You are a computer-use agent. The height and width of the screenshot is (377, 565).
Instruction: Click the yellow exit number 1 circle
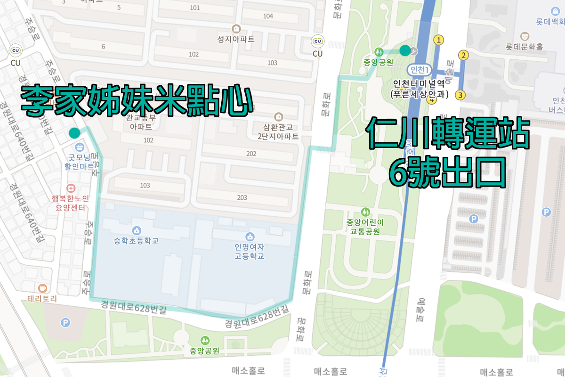[439, 40]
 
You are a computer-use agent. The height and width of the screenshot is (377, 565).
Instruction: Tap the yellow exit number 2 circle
[464, 55]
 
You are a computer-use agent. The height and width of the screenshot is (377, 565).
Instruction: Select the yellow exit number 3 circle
[461, 95]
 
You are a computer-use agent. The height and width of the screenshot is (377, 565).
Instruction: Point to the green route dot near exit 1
[404, 50]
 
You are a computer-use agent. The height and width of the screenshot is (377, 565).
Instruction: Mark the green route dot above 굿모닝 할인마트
[74, 133]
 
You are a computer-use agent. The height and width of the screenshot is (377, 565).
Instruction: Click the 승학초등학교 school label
[136, 240]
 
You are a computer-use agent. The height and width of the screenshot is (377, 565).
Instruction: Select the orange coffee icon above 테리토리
[43, 288]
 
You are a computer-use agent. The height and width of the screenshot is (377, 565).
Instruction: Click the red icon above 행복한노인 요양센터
[71, 187]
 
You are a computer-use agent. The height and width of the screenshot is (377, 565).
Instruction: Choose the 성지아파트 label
[236, 39]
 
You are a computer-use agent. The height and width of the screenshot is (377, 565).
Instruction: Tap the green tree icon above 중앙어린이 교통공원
[364, 211]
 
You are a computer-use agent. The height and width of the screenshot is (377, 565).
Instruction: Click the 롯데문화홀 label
[524, 47]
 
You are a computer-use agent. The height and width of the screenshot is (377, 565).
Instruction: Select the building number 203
[242, 197]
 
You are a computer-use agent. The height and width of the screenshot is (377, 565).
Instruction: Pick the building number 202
[251, 154]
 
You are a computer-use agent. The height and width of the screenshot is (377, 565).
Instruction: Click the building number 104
[268, 16]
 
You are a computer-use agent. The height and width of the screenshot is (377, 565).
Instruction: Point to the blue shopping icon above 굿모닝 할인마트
[80, 147]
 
